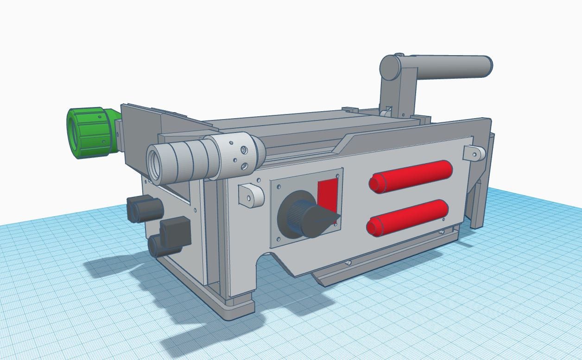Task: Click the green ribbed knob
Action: [90, 132]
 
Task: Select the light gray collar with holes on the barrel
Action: [239, 153]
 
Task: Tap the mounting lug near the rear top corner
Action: [474, 153]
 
